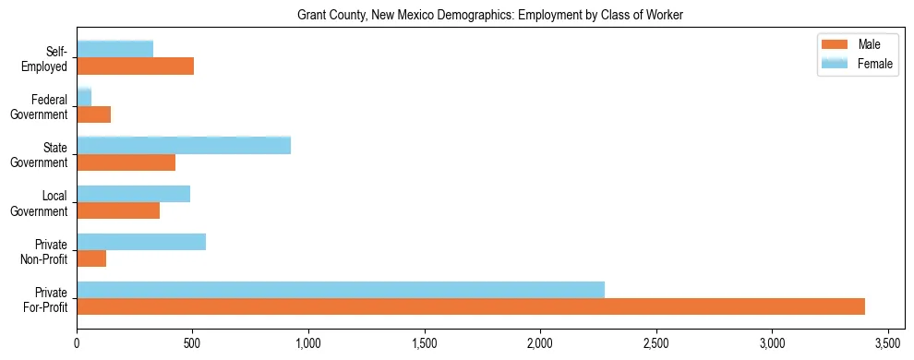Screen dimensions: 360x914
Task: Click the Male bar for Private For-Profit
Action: (471, 306)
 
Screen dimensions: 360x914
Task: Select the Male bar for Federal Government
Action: (93, 114)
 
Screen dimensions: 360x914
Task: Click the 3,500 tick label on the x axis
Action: (887, 343)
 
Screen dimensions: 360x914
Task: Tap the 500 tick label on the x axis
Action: (192, 343)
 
